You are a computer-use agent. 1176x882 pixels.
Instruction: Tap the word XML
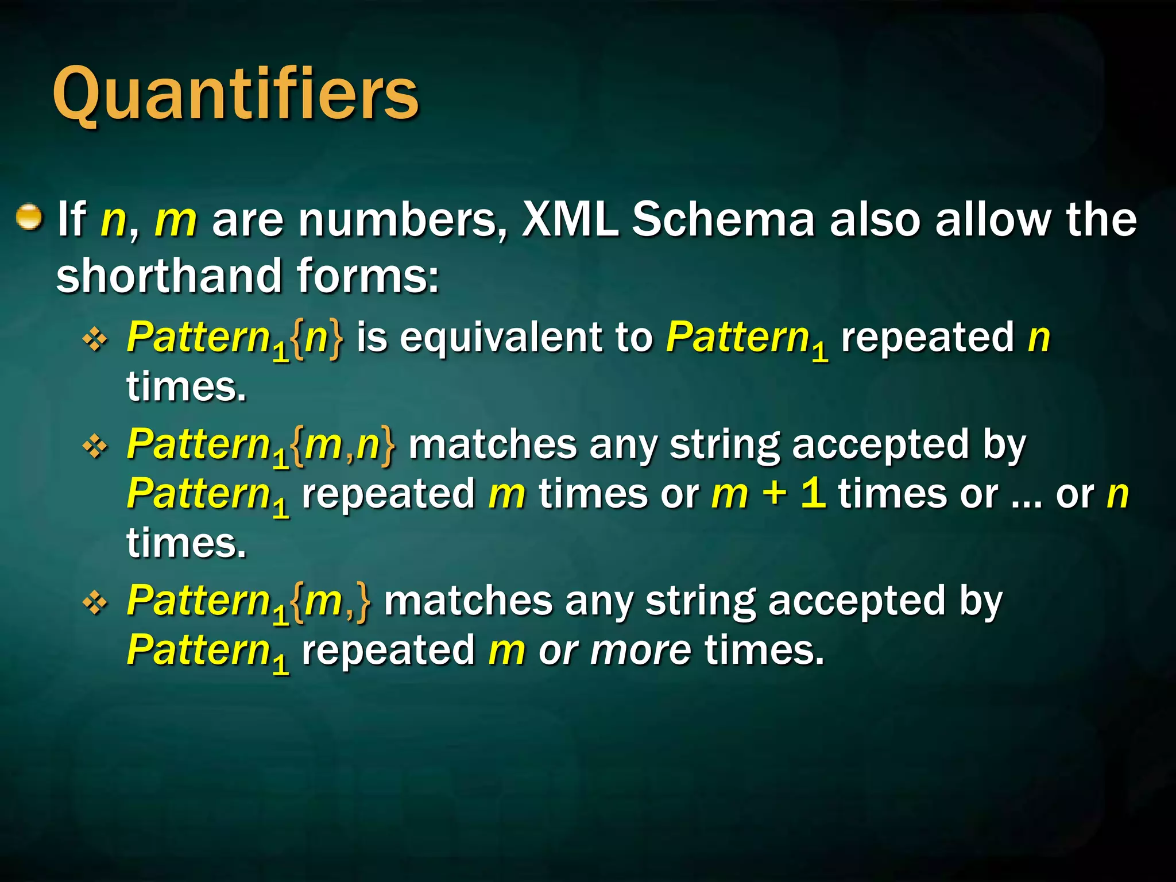(x=570, y=219)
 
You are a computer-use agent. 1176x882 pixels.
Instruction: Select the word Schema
(x=724, y=219)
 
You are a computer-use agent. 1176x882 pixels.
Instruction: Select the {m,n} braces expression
(x=343, y=446)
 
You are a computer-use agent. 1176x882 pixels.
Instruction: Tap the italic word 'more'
(x=641, y=651)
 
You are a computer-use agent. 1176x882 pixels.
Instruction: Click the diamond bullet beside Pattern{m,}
(x=95, y=602)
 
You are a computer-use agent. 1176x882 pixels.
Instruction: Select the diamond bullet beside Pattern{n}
(x=95, y=339)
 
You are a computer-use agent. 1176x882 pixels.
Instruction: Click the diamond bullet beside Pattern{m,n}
(x=95, y=446)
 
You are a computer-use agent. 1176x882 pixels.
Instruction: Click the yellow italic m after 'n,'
(x=176, y=221)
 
